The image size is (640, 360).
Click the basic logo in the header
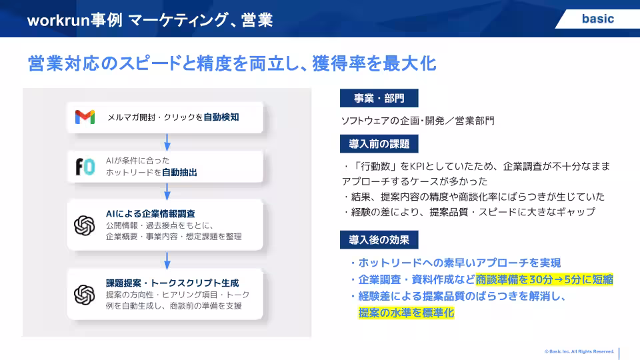click(x=598, y=19)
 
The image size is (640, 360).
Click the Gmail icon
click(x=85, y=117)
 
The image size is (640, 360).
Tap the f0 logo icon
click(x=85, y=167)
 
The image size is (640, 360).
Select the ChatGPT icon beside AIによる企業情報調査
click(x=85, y=225)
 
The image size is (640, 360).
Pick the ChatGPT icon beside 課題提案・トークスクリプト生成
click(x=85, y=295)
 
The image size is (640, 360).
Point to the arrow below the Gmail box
click(x=167, y=142)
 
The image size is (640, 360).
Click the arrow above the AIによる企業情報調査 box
click(x=167, y=191)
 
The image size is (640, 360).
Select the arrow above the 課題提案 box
click(x=167, y=261)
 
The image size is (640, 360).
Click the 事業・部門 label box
click(x=379, y=98)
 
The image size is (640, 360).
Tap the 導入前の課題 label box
click(x=379, y=144)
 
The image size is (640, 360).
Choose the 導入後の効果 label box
click(x=379, y=239)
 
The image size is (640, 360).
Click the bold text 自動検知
click(x=221, y=117)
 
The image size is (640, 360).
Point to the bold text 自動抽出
click(x=179, y=172)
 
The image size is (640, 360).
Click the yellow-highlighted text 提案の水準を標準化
click(x=406, y=313)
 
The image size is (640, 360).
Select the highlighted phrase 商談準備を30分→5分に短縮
click(x=545, y=279)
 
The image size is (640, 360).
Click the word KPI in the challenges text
click(x=417, y=166)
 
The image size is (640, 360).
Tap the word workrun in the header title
click(x=59, y=20)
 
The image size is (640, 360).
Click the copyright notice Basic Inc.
click(x=579, y=351)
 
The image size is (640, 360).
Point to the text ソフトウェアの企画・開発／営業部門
click(x=417, y=121)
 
